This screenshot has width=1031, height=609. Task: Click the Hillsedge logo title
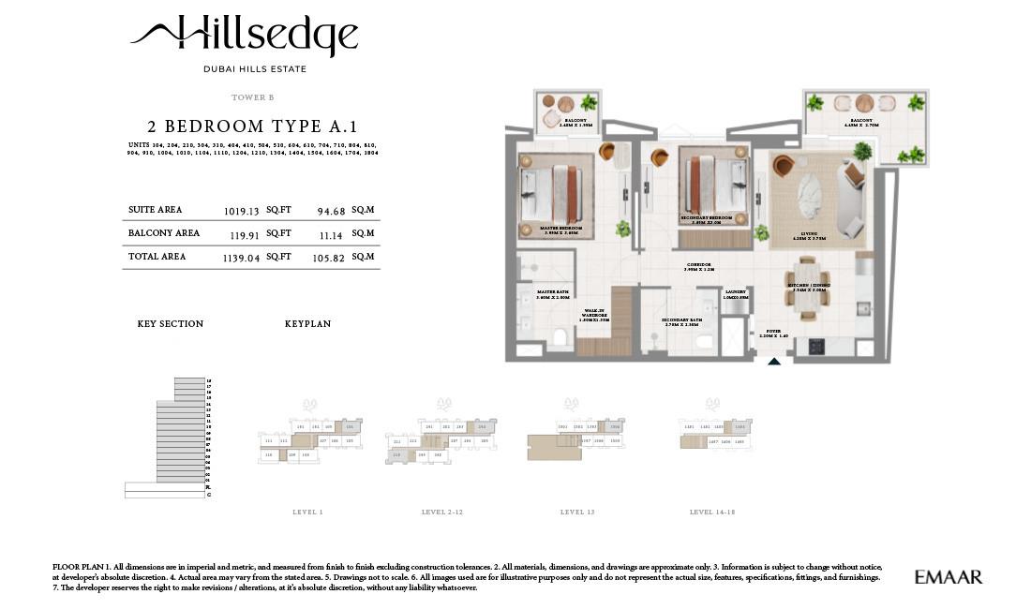click(x=245, y=37)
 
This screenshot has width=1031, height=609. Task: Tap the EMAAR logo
click(x=948, y=577)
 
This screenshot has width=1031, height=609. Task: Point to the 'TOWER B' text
click(x=252, y=97)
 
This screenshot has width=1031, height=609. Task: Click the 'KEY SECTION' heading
click(x=170, y=324)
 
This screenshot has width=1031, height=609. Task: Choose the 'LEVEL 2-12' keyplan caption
click(x=444, y=512)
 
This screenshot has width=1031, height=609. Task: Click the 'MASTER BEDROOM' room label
click(x=561, y=229)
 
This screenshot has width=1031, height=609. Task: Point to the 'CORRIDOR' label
click(x=698, y=266)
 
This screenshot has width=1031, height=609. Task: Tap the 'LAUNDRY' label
click(x=736, y=292)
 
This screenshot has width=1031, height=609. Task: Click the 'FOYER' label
click(x=773, y=331)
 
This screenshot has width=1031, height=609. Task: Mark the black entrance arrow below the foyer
click(x=774, y=361)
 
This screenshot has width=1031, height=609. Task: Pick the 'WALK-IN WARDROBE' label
click(x=594, y=314)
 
